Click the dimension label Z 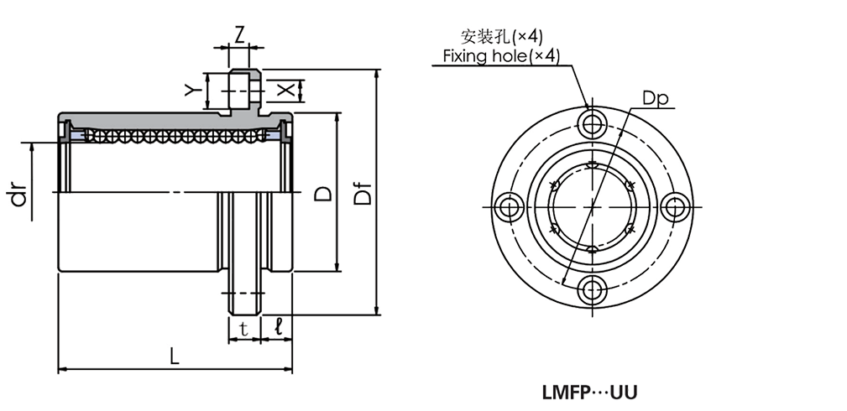click(239, 34)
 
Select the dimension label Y click(191, 89)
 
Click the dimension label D click(322, 194)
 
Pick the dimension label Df click(362, 195)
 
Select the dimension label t click(243, 330)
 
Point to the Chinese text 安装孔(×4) click(502, 36)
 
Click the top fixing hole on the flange click(593, 122)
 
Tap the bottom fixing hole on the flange click(593, 291)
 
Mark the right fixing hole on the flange click(677, 207)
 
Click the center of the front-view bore click(593, 207)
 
